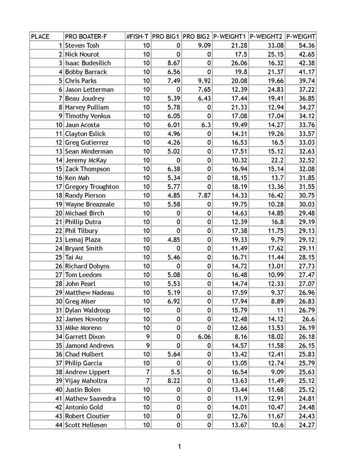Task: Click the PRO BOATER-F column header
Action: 86,36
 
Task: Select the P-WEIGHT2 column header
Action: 266,36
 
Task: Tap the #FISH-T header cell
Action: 137,36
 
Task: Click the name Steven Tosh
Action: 82,45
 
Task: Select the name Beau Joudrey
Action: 84,98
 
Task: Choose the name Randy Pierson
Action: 85,195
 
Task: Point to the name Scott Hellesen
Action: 86,425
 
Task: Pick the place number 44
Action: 59,425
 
